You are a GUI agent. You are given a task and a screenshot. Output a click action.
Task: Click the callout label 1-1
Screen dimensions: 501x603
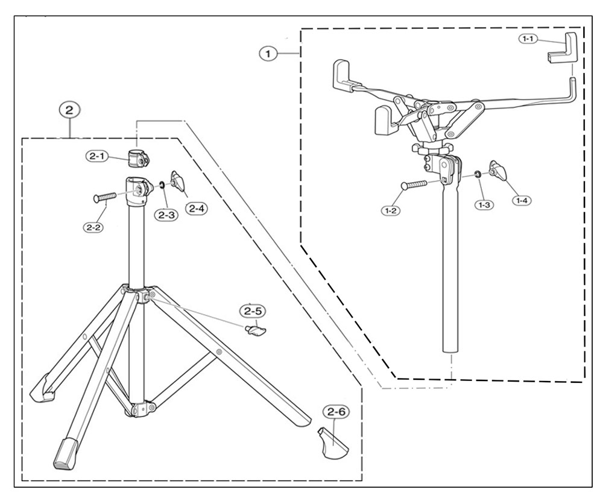click(528, 39)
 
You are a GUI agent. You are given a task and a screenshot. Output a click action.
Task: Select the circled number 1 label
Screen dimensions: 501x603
click(268, 54)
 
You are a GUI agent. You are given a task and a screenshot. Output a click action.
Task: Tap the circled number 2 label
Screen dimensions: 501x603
click(70, 110)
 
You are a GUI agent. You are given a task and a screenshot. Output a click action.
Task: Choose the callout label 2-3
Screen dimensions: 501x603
click(166, 215)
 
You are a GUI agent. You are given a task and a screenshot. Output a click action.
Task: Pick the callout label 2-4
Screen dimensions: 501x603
click(197, 209)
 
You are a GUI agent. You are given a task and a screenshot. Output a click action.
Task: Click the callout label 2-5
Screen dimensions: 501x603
click(252, 312)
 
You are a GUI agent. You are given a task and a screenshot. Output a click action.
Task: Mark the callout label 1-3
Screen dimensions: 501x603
click(484, 204)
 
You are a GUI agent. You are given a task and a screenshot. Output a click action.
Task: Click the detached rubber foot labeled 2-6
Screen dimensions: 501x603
click(332, 443)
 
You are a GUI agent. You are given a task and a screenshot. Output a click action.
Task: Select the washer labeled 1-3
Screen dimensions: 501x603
click(477, 175)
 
